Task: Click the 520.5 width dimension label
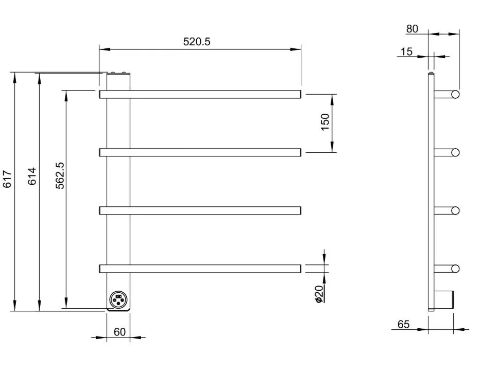click(197, 42)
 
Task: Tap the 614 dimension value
click(32, 176)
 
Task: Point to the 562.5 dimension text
click(60, 175)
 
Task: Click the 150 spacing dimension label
click(325, 122)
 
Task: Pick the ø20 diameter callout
click(319, 294)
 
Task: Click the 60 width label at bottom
click(119, 332)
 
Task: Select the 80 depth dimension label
click(412, 29)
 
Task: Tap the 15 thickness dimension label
click(406, 51)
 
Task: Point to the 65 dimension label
click(403, 324)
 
